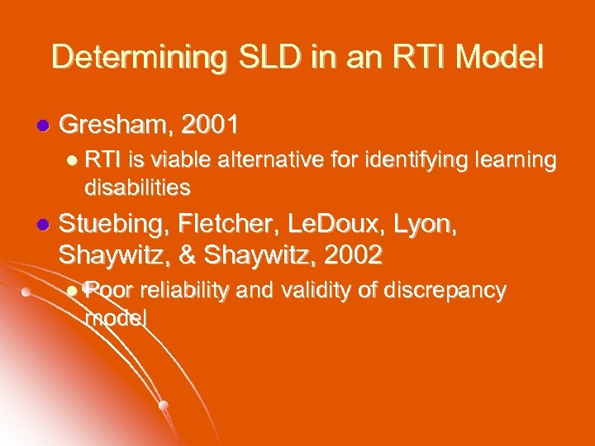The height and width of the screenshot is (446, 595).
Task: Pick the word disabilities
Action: click(x=137, y=187)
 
